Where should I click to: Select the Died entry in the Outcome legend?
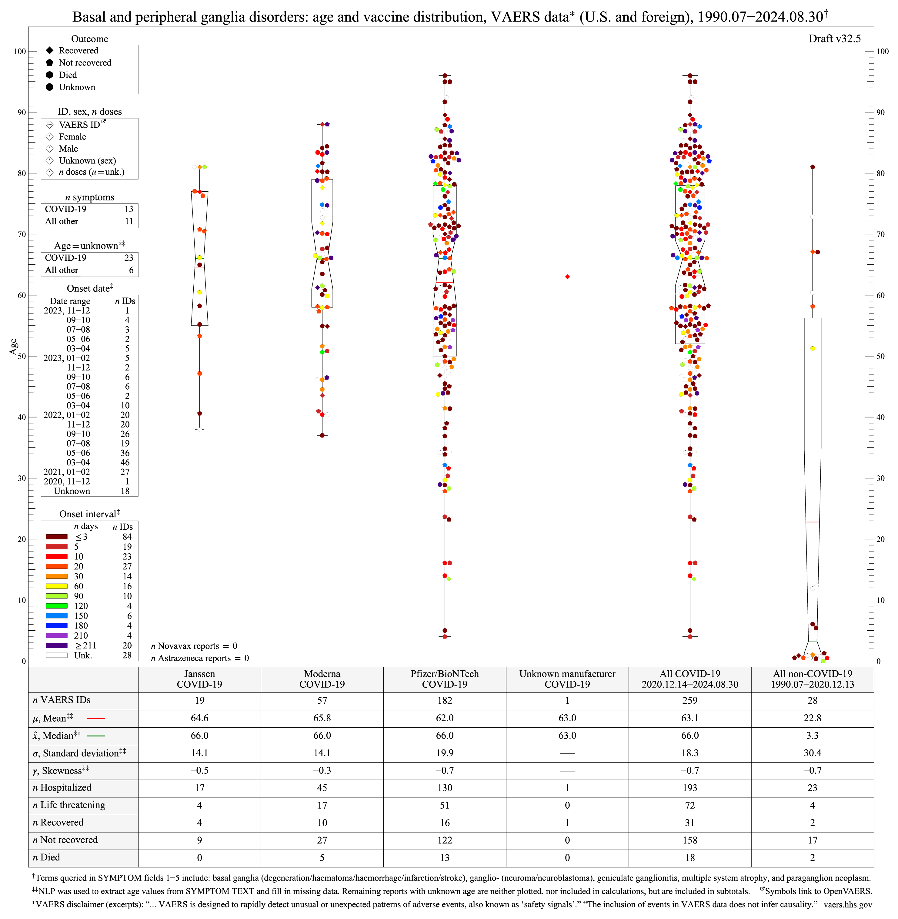[68, 75]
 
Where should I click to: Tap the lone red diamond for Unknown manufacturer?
[567, 277]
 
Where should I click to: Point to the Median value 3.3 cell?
[812, 736]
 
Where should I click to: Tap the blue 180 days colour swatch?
[57, 626]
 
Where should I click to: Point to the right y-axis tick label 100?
[883, 52]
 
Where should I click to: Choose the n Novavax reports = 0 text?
[194, 646]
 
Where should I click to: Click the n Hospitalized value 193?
[689, 788]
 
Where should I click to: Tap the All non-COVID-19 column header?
[812, 679]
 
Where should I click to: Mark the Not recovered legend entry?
[85, 63]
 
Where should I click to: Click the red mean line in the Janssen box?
[199, 267]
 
